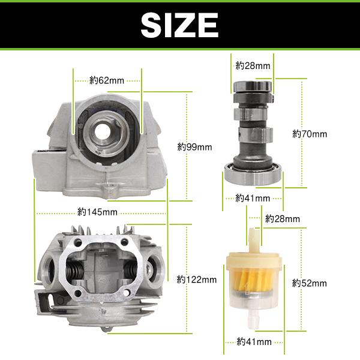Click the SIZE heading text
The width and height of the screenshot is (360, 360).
pyautogui.click(x=179, y=25)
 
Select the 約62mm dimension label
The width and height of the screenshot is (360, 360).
pyautogui.click(x=107, y=80)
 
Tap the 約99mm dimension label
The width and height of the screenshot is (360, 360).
pyautogui.click(x=194, y=147)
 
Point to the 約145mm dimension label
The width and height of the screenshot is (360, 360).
pyautogui.click(x=97, y=212)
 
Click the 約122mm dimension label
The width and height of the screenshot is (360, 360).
pyautogui.click(x=197, y=280)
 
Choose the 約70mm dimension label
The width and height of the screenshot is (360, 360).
pyautogui.click(x=310, y=134)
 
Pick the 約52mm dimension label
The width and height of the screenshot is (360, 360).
pyautogui.click(x=310, y=283)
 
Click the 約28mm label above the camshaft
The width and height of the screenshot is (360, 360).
pyautogui.click(x=253, y=66)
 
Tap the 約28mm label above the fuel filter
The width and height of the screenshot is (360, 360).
pyautogui.click(x=283, y=219)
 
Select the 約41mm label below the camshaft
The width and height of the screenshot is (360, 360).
pyautogui.click(x=253, y=198)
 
